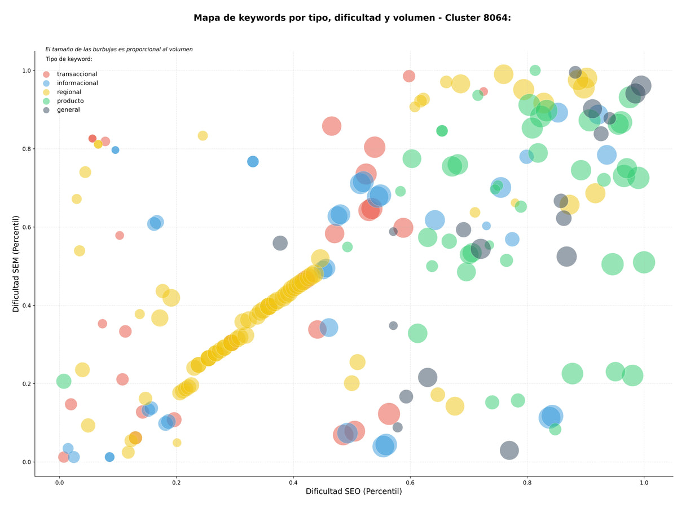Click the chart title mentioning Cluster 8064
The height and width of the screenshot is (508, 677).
[352, 18]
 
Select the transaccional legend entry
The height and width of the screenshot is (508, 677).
[71, 74]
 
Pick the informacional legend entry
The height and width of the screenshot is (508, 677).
[71, 83]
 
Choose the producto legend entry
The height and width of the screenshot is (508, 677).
[63, 101]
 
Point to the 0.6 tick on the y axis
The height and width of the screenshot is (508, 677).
[27, 227]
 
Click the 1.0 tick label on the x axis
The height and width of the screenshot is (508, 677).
[644, 483]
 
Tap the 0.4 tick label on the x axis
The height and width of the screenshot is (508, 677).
[293, 483]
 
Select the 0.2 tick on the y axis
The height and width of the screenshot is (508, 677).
[27, 384]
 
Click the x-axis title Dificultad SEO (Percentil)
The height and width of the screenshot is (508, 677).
[354, 491]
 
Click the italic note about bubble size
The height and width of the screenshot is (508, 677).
[118, 49]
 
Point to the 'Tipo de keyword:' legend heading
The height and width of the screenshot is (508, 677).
[69, 59]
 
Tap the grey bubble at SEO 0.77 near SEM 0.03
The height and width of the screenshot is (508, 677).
[509, 450]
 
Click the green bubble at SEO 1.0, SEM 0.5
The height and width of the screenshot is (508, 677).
[644, 262]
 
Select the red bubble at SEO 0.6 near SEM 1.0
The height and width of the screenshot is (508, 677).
[408, 76]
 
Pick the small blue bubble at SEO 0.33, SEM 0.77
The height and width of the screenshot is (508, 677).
[253, 161]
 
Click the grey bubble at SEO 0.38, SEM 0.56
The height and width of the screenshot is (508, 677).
[280, 243]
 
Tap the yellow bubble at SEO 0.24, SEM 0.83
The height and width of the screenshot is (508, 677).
[203, 136]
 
